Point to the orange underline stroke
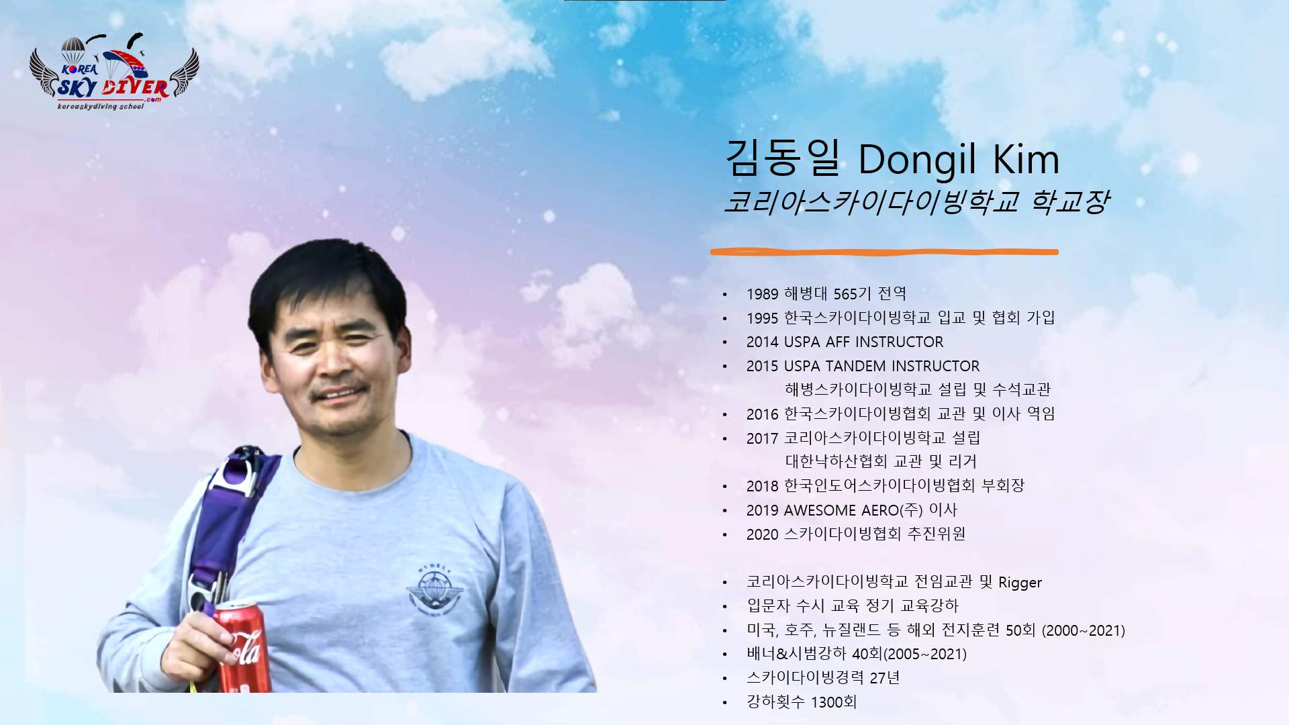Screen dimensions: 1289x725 [x=884, y=252]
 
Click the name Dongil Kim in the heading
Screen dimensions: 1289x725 [x=959, y=160]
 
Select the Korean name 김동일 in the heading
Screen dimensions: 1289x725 [x=783, y=158]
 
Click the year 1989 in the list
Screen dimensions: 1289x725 [x=763, y=294]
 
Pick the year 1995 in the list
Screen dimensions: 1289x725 [x=763, y=318]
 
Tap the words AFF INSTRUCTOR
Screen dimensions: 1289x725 [x=884, y=342]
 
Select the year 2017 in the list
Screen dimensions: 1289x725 [x=763, y=439]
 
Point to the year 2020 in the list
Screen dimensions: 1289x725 [x=763, y=535]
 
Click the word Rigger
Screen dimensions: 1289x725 [x=1020, y=583]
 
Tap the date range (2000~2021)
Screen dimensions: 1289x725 [x=1084, y=631]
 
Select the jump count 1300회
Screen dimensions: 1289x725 [x=834, y=703]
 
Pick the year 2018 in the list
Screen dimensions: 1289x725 [x=763, y=487]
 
